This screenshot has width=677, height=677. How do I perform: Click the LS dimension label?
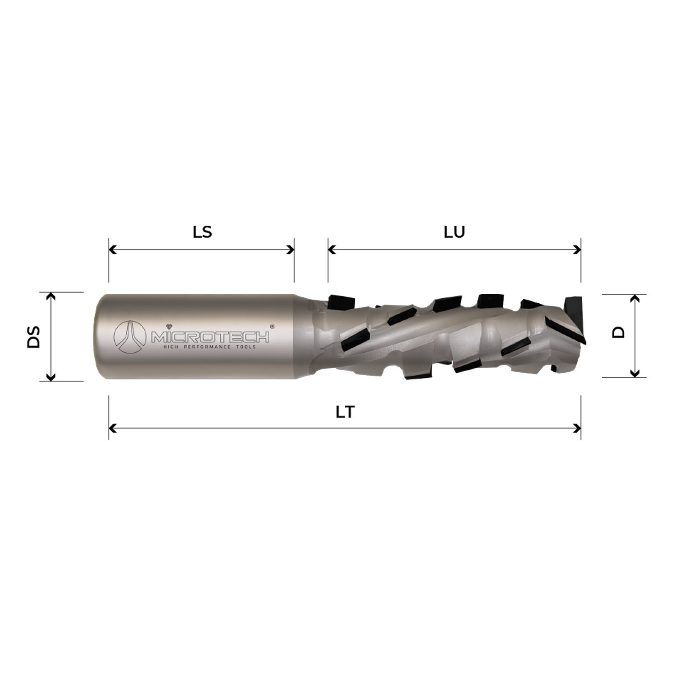(202, 232)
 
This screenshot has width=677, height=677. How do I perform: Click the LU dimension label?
(454, 232)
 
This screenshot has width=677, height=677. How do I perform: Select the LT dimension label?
(345, 412)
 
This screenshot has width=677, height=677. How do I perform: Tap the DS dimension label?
(34, 336)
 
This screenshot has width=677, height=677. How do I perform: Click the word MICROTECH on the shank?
(210, 337)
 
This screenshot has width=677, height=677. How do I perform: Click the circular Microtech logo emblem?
(130, 337)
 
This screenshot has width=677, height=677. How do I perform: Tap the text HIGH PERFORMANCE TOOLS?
(209, 347)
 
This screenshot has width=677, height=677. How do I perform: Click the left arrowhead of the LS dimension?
(113, 250)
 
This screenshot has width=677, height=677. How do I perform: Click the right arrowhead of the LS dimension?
(291, 250)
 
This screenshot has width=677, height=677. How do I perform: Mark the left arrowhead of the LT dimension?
(113, 428)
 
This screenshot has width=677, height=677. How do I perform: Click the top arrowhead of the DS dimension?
(51, 296)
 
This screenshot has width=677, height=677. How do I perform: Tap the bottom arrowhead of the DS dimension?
(51, 377)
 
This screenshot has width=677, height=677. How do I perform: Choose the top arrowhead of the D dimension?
(635, 298)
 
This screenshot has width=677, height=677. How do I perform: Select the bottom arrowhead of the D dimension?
(635, 373)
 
